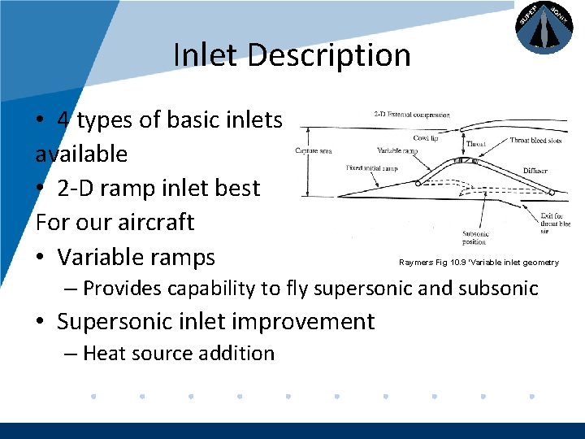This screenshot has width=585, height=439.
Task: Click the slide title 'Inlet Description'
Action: click(292, 55)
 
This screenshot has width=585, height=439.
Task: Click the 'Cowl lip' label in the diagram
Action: click(426, 138)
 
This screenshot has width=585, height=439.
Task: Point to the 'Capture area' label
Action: click(312, 151)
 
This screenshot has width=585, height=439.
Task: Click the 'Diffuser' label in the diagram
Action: click(535, 171)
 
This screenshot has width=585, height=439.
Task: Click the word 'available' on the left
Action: click(81, 154)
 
